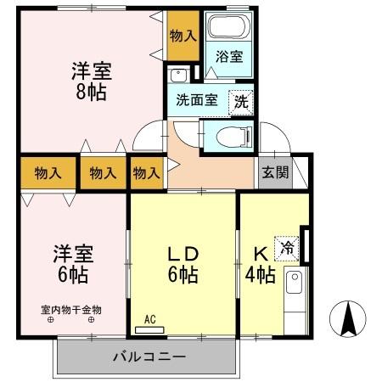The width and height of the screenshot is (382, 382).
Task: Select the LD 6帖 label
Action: pyautogui.click(x=182, y=263)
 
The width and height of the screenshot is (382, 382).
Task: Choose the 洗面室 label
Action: pyautogui.click(x=196, y=99)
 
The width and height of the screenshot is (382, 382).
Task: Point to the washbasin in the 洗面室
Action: pyautogui.click(x=177, y=75)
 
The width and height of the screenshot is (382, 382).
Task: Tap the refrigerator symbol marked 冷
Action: pyautogui.click(x=289, y=246)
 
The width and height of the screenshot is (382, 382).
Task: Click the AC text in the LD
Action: pyautogui.click(x=149, y=319)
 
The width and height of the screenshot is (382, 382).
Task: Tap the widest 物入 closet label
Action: pyautogui.click(x=48, y=173)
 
